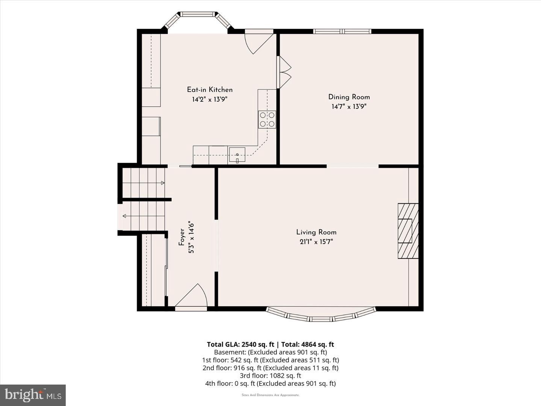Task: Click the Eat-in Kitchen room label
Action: tap(210, 90)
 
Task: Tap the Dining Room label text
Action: tap(349, 97)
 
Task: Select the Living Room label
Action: tap(316, 232)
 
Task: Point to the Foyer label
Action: tap(181, 237)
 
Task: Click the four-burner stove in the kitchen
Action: tap(267, 120)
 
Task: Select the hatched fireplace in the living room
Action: tap(408, 231)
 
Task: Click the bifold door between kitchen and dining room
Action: tap(284, 72)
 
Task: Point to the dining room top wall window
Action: tap(342, 31)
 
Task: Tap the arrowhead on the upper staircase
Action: tap(163, 183)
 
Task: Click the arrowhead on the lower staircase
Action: tap(124, 216)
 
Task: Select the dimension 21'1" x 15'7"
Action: tap(316, 242)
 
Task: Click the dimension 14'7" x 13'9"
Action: tap(349, 106)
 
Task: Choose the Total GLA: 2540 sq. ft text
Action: tap(240, 344)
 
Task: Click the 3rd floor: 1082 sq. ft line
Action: tap(270, 376)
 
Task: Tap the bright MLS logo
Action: tap(33, 395)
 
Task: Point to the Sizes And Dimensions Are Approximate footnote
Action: tap(270, 395)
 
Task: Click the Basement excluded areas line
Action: tap(270, 352)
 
